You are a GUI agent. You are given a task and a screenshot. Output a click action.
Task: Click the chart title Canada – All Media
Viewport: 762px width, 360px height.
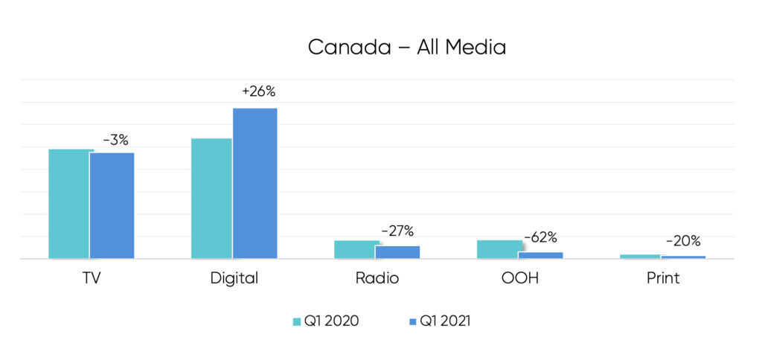[x=406, y=47]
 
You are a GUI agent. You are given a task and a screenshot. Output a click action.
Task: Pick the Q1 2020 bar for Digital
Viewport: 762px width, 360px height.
[x=211, y=199]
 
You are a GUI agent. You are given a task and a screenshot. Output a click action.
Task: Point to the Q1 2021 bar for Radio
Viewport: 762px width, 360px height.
[x=397, y=252]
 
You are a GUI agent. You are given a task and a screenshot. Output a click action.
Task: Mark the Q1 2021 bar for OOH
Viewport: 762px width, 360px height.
[x=540, y=255]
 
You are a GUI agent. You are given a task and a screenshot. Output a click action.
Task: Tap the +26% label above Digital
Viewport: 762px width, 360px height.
[x=258, y=92]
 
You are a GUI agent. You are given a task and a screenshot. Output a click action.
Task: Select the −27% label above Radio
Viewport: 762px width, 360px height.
[x=397, y=231]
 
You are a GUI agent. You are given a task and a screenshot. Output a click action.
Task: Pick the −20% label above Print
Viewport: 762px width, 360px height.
[x=682, y=241]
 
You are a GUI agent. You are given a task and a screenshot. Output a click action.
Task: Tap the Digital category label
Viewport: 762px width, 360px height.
[x=234, y=279]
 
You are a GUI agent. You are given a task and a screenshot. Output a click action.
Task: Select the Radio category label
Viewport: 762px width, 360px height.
[x=377, y=278]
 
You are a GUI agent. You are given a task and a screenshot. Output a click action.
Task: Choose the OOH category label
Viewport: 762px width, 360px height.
[x=519, y=278]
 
